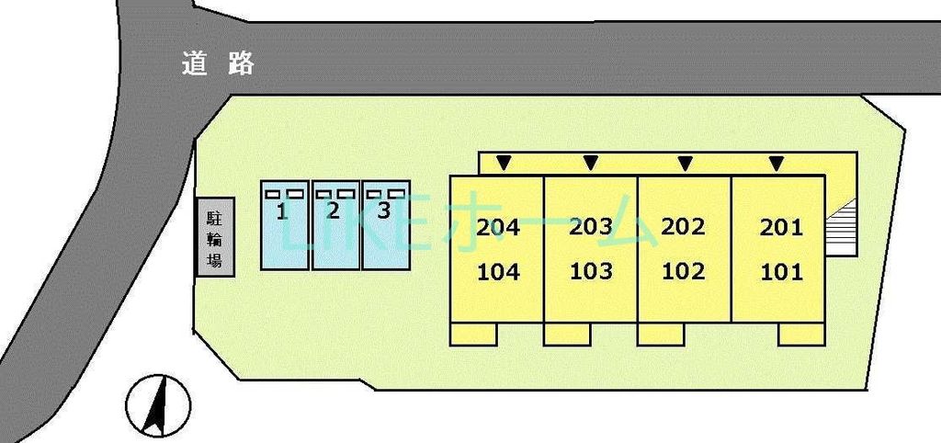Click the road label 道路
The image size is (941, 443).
[218, 63]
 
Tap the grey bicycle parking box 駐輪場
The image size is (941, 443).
[216, 237]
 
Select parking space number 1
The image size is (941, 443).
[285, 225]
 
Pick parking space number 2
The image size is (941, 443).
[335, 225]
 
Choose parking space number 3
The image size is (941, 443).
[386, 225]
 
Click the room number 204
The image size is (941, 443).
[498, 228]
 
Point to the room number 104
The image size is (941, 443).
[498, 273]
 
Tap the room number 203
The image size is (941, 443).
[591, 228]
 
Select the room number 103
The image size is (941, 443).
[591, 272]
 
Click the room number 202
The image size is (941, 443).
[683, 227]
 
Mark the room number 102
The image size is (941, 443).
[683, 272]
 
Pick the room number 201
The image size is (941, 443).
[781, 228]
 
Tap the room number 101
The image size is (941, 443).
[781, 273]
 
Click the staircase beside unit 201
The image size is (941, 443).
[840, 228]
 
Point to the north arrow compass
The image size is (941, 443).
[158, 405]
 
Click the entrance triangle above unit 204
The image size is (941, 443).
[505, 162]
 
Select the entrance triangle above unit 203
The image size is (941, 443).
[591, 162]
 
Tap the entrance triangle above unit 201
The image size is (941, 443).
[777, 162]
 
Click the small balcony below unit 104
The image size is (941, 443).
[473, 334]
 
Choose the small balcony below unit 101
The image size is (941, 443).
[801, 334]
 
